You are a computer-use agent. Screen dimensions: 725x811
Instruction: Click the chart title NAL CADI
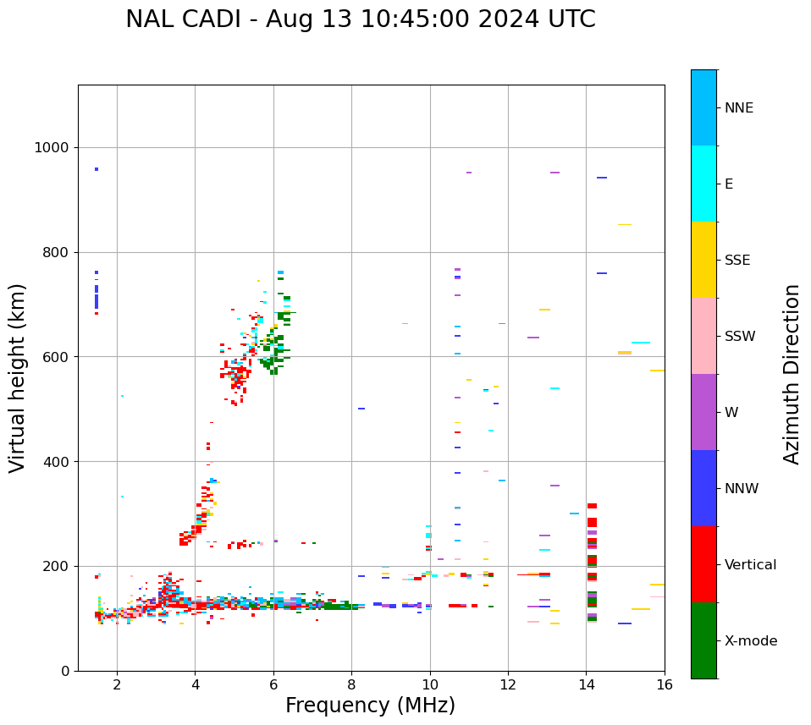pos(360,19)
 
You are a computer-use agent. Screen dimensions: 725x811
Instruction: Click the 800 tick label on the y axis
pos(52,252)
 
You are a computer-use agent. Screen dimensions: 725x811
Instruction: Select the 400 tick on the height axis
pos(52,462)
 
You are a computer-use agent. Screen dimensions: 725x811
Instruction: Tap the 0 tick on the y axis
pos(64,671)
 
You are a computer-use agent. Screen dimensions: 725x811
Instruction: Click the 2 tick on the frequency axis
pos(117,684)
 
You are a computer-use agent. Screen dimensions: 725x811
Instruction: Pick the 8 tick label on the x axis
pos(351,684)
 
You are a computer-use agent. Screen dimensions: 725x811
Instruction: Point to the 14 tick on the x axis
pos(586,684)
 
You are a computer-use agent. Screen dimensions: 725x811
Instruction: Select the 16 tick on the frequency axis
pos(665,684)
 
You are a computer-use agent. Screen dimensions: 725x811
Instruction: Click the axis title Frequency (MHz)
pos(370,706)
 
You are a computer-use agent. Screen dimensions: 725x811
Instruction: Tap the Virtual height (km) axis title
pos(18,377)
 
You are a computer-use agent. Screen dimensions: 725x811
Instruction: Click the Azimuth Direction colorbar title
pos(792,374)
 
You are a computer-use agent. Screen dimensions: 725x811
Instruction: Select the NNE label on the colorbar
pos(739,108)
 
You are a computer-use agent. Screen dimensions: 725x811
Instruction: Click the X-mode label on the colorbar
pos(751,641)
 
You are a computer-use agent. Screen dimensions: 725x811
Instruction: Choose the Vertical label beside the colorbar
pos(751,565)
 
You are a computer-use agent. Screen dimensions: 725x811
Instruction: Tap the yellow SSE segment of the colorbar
pos(703,260)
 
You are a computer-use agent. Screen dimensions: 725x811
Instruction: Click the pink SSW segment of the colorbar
pos(703,336)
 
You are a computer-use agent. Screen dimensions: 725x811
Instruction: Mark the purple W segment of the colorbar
pos(703,412)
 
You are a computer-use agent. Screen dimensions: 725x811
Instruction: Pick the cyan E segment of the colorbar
pos(703,184)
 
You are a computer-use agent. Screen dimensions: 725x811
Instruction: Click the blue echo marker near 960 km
pos(97,169)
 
